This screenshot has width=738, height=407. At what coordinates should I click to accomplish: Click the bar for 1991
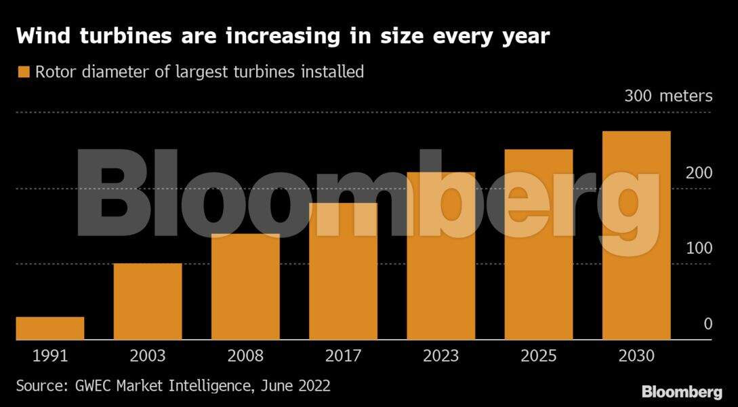click(x=50, y=328)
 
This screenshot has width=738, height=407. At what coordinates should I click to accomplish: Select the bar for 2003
click(x=148, y=301)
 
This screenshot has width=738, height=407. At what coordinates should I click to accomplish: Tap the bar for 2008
click(x=245, y=286)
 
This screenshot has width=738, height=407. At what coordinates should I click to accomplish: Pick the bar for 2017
click(x=343, y=271)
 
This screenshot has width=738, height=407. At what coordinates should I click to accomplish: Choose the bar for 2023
click(x=440, y=256)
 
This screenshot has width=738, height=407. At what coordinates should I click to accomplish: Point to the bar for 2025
click(x=539, y=244)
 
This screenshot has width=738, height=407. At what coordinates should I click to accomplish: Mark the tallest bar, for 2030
click(x=636, y=235)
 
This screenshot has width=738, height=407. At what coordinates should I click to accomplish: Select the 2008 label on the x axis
click(x=245, y=355)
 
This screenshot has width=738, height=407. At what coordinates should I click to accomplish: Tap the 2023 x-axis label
click(x=440, y=355)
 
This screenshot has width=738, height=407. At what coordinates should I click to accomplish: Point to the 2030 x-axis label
click(x=636, y=355)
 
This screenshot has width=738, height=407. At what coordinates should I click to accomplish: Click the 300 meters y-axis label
click(x=668, y=96)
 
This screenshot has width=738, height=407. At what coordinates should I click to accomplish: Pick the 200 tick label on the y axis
click(x=699, y=173)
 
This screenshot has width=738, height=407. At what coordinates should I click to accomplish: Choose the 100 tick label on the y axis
click(x=699, y=248)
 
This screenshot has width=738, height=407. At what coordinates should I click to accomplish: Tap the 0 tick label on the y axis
click(x=708, y=324)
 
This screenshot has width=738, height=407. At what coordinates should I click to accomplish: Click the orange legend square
click(x=24, y=72)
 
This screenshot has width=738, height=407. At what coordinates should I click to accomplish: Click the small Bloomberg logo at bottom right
click(x=681, y=392)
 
